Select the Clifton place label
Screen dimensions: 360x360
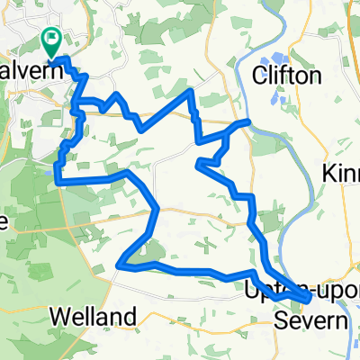[x=287, y=76]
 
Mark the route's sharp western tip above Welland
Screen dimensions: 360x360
[x=119, y=264]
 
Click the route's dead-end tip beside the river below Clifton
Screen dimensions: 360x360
[x=247, y=121]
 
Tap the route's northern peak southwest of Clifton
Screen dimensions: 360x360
[x=189, y=91]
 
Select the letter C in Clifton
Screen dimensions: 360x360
[x=262, y=76]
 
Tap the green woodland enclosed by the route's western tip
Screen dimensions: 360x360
[x=149, y=250]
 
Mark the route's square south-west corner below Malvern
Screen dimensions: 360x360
[x=58, y=182]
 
